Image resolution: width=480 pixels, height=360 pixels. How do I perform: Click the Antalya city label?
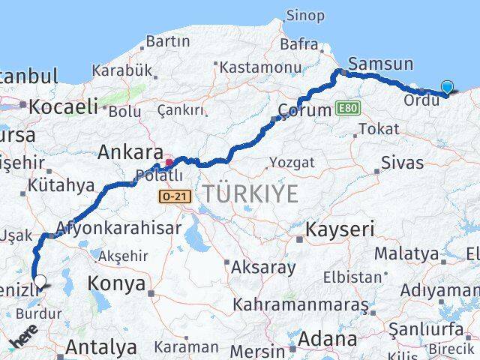[101, 346]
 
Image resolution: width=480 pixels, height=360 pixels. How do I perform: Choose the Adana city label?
[327, 339]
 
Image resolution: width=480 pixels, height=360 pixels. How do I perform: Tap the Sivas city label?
[402, 163]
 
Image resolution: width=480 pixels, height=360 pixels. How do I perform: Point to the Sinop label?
[305, 15]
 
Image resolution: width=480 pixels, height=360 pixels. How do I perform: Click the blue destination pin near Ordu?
[448, 87]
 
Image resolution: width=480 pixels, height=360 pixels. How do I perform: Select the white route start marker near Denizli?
[40, 282]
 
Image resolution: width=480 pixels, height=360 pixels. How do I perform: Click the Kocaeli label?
[64, 106]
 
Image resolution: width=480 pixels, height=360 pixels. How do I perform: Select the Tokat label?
[379, 128]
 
